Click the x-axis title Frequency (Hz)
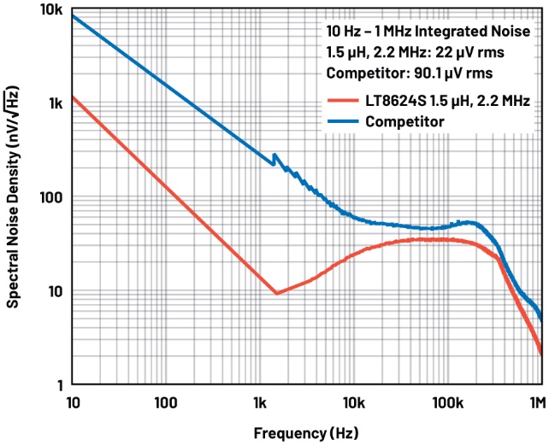(306, 431)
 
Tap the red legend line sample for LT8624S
(342, 101)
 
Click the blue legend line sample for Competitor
(342, 121)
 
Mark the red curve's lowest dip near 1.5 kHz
(276, 293)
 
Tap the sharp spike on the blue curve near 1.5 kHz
(274, 155)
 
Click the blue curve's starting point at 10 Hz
(74, 16)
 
